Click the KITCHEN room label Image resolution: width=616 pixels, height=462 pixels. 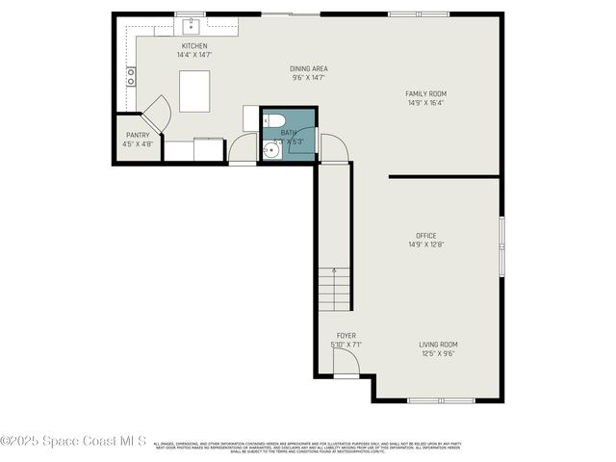[x=194, y=46]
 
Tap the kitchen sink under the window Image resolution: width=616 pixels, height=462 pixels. [x=192, y=24]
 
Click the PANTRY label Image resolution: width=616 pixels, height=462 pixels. [x=138, y=136]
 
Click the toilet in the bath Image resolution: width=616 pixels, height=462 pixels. [x=274, y=120]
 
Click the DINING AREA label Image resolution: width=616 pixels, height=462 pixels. [x=309, y=68]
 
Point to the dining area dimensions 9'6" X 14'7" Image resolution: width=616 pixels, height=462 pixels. [x=309, y=77]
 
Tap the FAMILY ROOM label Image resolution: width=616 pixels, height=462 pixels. [x=425, y=93]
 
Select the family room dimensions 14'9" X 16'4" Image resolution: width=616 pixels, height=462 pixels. [x=425, y=102]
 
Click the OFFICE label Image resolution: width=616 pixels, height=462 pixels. [x=425, y=236]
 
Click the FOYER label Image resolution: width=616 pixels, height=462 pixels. [x=346, y=336]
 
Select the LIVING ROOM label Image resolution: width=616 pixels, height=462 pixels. [x=438, y=345]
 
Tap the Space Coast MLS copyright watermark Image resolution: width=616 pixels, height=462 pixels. [x=73, y=441]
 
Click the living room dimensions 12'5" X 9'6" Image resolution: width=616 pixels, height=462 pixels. [x=438, y=353]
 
